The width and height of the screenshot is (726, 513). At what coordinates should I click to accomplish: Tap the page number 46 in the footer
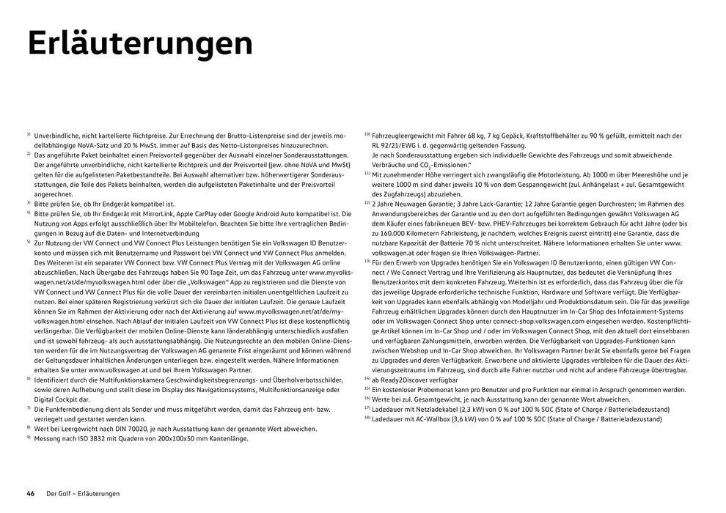click(x=31, y=493)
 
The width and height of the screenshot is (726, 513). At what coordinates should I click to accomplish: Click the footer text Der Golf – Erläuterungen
click(x=83, y=493)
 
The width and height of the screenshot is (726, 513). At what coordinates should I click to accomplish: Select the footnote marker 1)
click(x=29, y=135)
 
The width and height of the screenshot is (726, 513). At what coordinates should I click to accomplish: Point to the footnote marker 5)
click(x=29, y=240)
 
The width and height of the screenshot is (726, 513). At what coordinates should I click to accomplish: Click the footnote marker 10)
click(x=367, y=135)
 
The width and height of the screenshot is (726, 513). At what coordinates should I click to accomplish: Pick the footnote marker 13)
click(x=367, y=260)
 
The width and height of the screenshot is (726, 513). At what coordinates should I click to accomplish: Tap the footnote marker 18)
click(x=367, y=417)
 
